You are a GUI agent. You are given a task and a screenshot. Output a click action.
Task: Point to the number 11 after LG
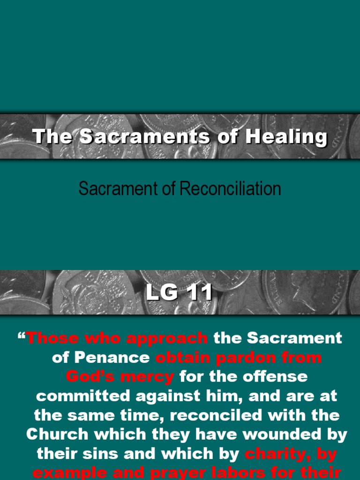point(198,293)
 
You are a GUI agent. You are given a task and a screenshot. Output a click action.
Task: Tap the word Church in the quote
point(57,435)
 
